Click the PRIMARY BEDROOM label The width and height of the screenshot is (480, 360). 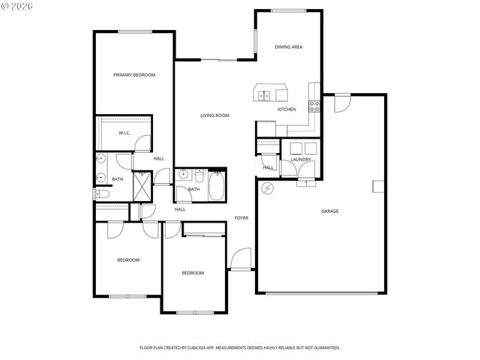click(x=134, y=75)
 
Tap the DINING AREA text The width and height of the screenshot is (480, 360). click(x=289, y=47)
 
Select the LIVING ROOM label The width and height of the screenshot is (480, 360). click(x=214, y=115)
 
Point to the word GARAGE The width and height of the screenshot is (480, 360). click(x=330, y=211)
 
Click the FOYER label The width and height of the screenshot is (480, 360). click(x=241, y=218)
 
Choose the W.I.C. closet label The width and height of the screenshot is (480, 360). click(x=124, y=133)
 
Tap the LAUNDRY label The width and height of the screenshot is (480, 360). click(x=301, y=160)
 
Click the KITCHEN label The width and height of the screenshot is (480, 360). click(x=286, y=109)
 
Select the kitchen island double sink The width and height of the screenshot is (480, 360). click(x=265, y=95)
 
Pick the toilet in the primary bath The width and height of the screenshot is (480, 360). click(x=103, y=194)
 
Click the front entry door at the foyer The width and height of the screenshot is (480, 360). click(x=241, y=259)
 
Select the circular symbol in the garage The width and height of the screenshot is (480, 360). click(x=266, y=190)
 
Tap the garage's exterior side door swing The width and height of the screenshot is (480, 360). click(x=342, y=103)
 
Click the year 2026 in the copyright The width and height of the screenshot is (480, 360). click(x=25, y=7)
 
